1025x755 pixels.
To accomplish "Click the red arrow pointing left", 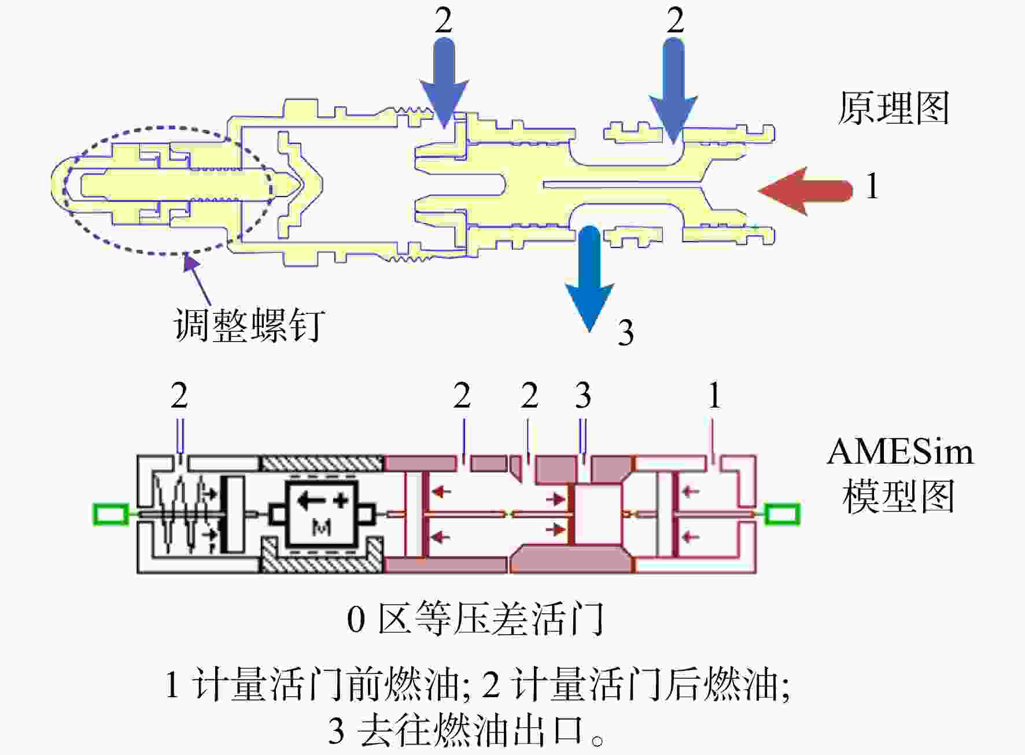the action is pos(805,191).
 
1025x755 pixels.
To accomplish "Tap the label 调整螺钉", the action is pos(249,325).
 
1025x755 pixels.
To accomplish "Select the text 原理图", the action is pos(894,108).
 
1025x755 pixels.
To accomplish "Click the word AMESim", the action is pos(900,451).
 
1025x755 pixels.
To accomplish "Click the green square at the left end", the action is pos(111,514).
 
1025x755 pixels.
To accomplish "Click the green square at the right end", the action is pos(782,514).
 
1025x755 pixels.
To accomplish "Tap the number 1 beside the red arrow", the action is pos(872,187).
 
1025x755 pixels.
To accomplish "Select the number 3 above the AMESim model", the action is pos(583,395).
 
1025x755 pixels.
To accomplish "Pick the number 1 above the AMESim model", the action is pos(714,395).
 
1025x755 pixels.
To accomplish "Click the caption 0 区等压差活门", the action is pos(475,619).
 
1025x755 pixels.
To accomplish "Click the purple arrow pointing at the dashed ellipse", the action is pos(197,279).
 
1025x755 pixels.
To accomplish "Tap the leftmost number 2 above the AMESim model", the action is pos(179,395).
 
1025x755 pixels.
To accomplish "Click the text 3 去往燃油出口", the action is pos(466,730).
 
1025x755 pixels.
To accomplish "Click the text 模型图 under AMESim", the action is pos(898,497).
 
